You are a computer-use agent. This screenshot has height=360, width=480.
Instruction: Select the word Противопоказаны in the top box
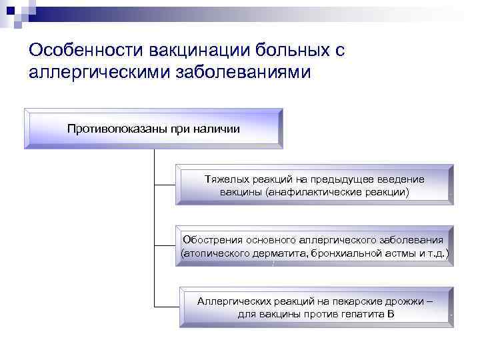[110, 127]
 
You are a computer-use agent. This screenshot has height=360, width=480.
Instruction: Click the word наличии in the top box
[217, 127]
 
